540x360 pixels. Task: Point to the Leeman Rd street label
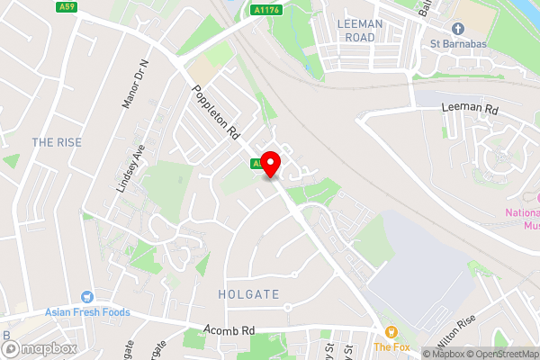[x=470, y=108]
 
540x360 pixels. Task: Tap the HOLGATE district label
[x=249, y=294]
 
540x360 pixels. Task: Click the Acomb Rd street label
[x=230, y=330]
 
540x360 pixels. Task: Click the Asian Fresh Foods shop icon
[x=87, y=296]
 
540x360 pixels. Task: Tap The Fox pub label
[x=391, y=346]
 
